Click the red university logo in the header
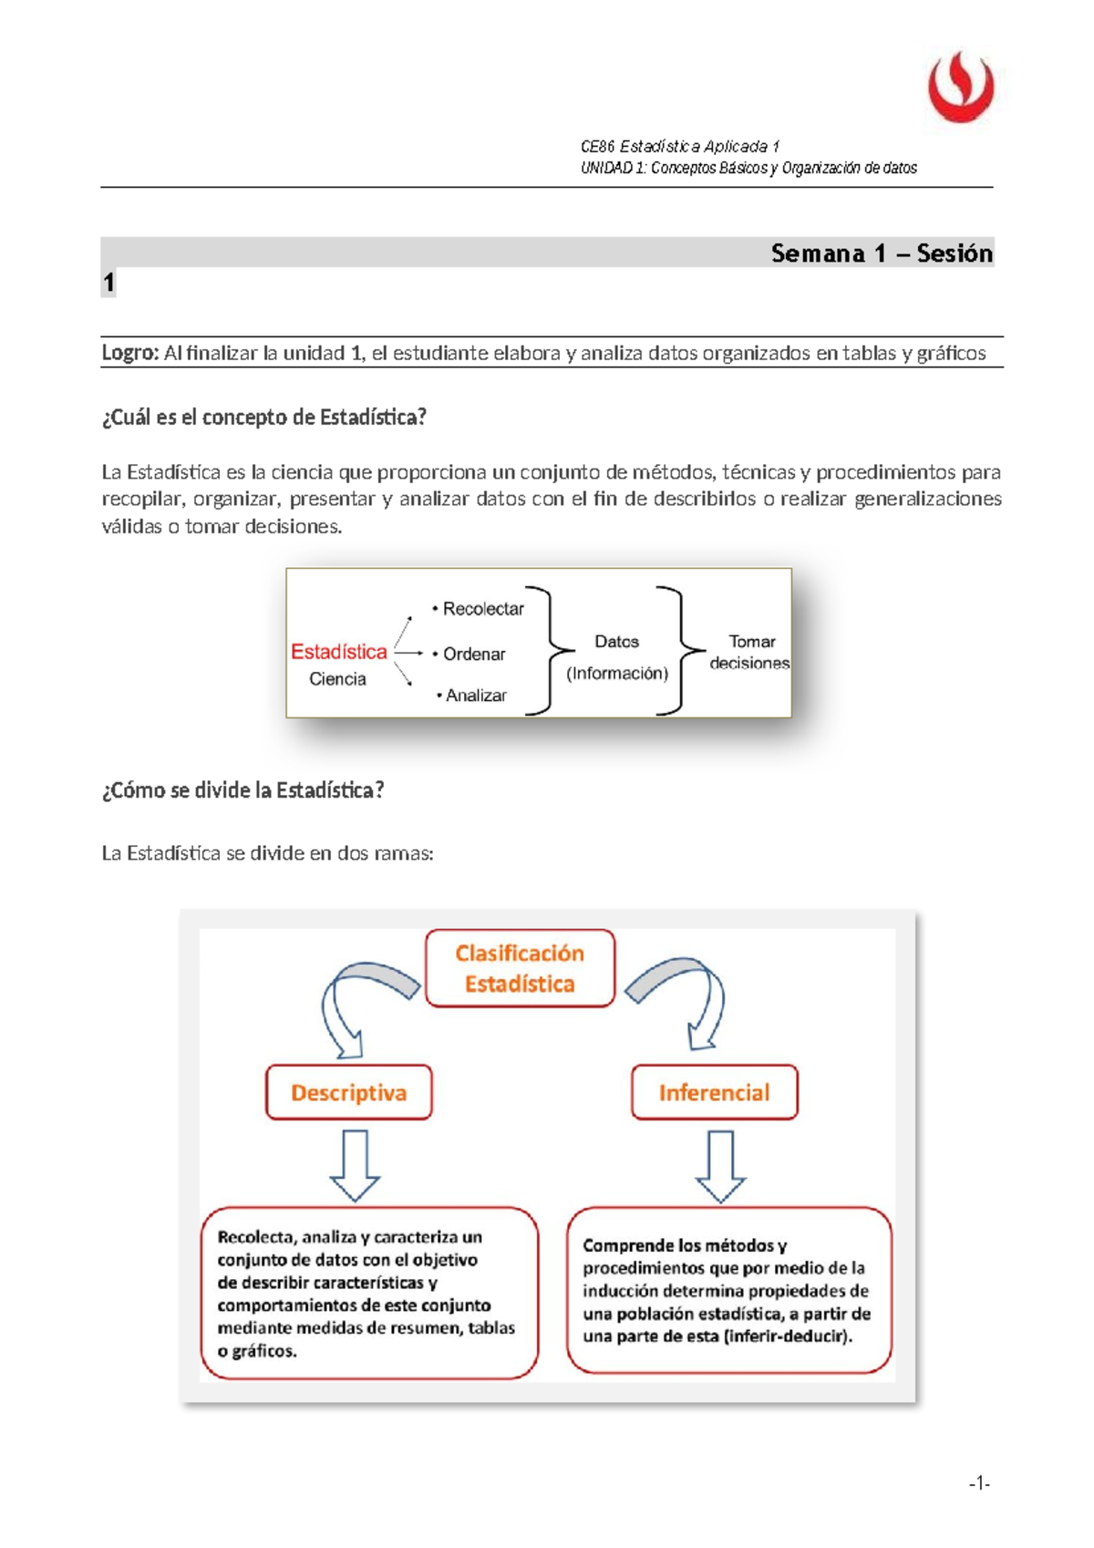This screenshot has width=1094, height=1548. click(961, 88)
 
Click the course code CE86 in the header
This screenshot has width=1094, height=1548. click(598, 147)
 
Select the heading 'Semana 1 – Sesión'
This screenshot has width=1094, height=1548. click(881, 253)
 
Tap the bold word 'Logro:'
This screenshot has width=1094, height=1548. click(130, 353)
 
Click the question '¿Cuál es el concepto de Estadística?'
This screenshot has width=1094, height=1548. click(264, 418)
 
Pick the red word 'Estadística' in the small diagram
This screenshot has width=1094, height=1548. click(338, 652)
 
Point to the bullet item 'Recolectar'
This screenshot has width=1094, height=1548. click(482, 609)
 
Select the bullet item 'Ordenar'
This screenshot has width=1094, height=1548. click(473, 654)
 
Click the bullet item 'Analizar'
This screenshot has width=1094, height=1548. click(475, 696)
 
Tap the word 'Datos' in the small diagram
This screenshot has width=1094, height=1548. click(616, 642)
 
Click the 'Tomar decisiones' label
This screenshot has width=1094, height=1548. click(750, 653)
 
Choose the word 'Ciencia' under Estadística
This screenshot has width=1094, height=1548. click(337, 679)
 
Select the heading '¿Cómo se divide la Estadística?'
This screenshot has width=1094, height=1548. click(243, 790)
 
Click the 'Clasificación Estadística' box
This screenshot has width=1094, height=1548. click(520, 968)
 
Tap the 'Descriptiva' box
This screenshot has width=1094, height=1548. click(348, 1092)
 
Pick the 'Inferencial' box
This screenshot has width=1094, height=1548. click(714, 1092)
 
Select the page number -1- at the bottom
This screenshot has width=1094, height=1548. click(978, 1483)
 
